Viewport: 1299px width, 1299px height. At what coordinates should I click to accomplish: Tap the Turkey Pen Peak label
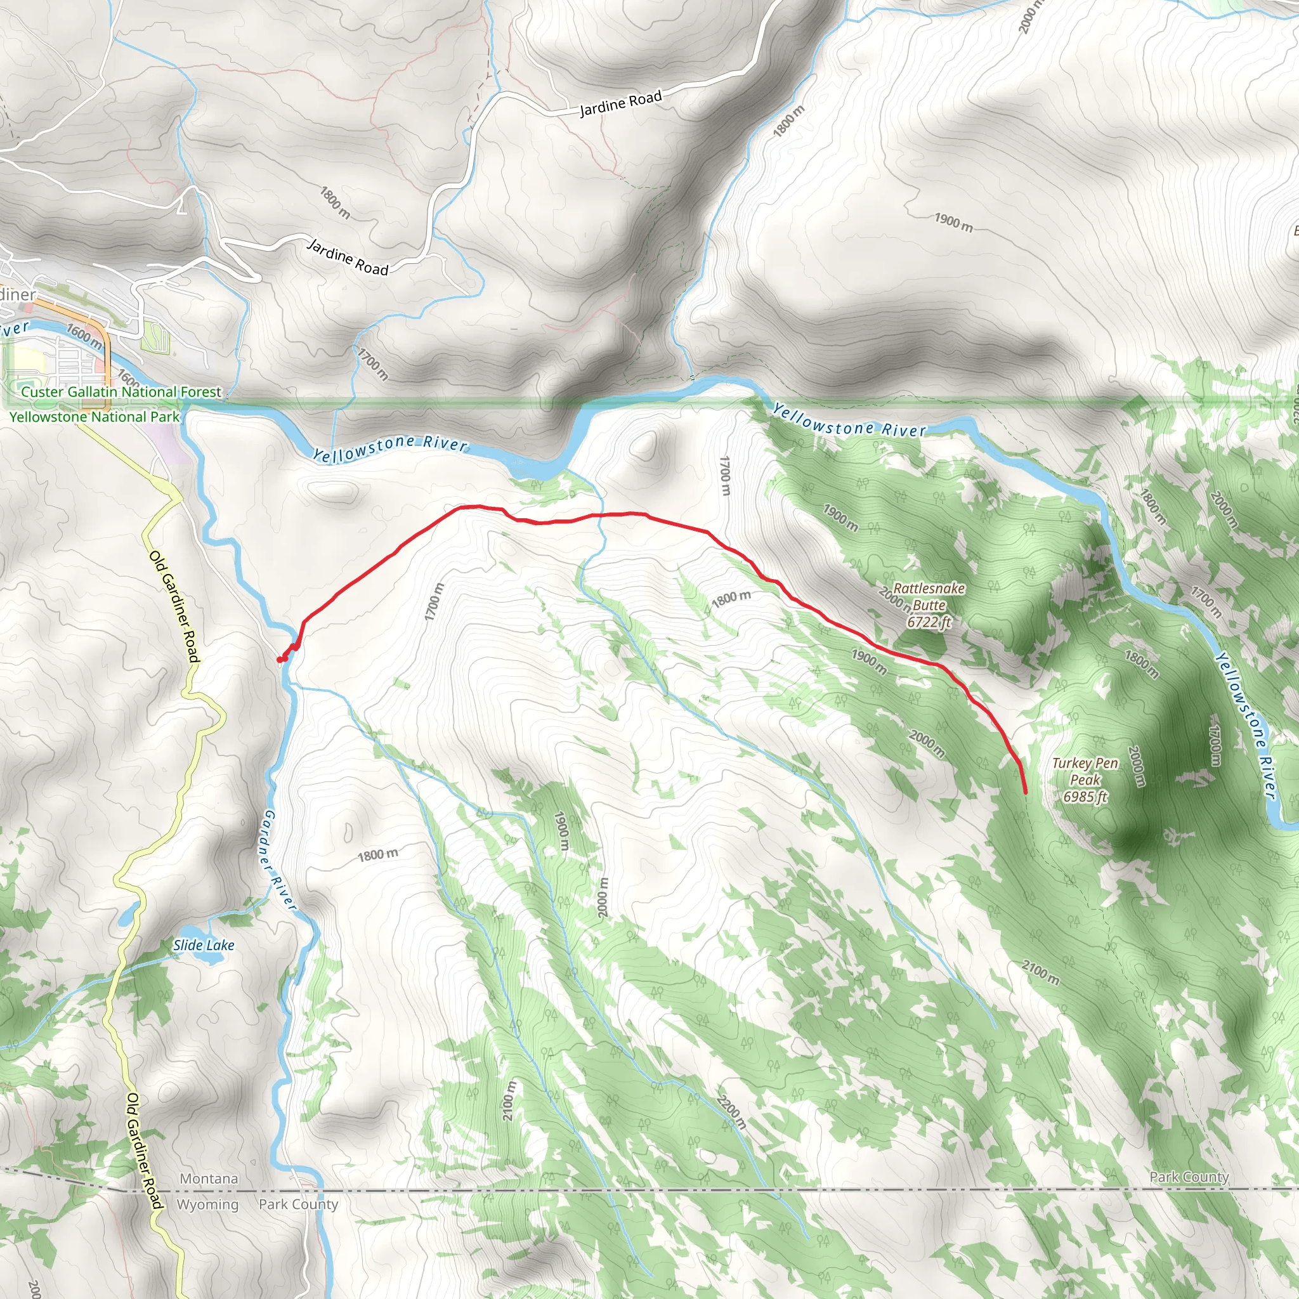coord(1085,771)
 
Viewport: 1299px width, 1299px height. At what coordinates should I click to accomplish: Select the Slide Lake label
coord(204,945)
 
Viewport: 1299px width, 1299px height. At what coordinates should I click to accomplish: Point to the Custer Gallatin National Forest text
coord(121,392)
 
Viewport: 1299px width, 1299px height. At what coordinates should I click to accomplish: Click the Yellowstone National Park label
coord(94,417)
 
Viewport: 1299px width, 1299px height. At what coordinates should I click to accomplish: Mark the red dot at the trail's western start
coord(280,660)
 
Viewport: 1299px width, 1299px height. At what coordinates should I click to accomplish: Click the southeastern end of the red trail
coord(1026,793)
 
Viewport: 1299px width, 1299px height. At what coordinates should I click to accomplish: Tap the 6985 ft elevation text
coord(1085,797)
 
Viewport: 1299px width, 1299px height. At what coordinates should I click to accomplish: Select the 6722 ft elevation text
coord(929,623)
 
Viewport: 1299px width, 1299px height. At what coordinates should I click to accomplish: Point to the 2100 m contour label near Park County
coord(1040,973)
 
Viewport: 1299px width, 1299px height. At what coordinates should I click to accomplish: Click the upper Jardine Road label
coord(620,103)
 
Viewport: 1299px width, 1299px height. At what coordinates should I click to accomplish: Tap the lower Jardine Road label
coord(348,257)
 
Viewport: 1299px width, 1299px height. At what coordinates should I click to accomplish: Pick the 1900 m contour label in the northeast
coord(953,222)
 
